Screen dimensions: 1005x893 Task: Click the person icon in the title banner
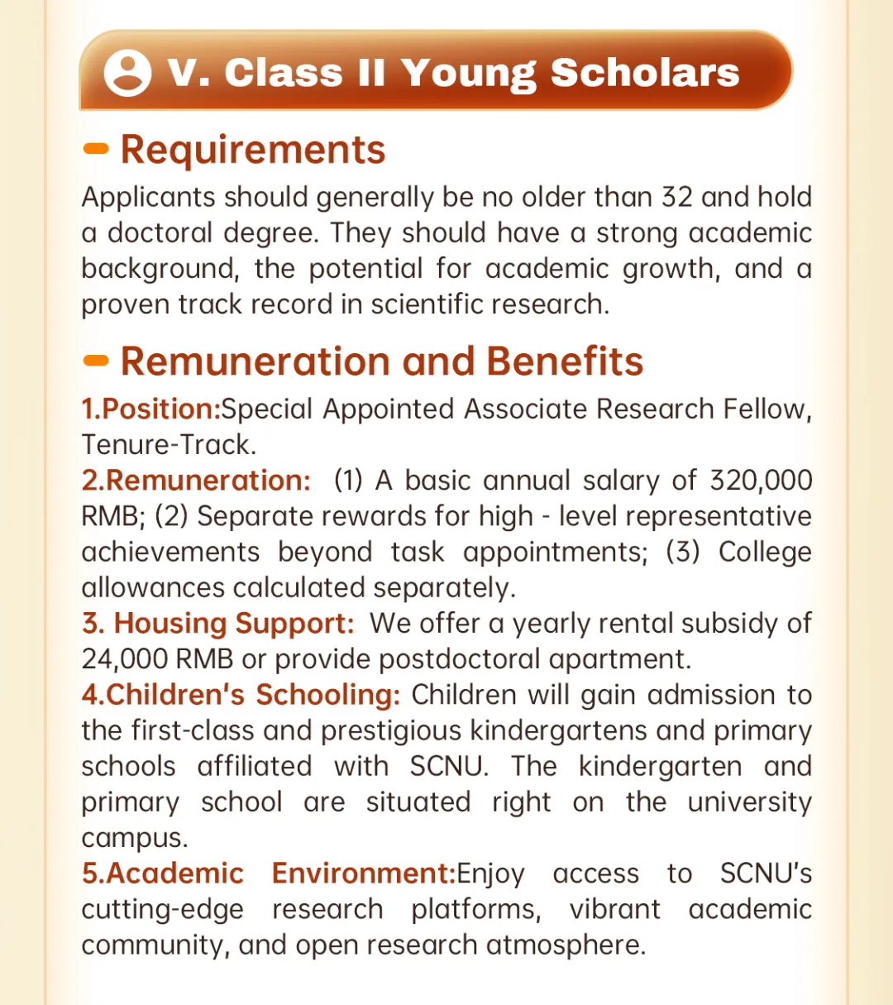pos(127,73)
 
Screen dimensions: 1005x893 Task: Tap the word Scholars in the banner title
pos(645,73)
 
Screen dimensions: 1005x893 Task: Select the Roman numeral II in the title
pos(371,73)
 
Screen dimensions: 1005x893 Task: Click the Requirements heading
pos(253,150)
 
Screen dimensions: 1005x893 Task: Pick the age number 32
pos(676,197)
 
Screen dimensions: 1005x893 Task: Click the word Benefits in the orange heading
pos(565,361)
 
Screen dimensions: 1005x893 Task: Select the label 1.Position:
pos(150,409)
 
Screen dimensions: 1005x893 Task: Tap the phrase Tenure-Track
pos(168,444)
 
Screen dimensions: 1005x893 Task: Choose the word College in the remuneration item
pos(765,552)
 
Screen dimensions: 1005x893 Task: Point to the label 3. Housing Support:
pos(217,623)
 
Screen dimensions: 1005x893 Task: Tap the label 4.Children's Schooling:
pos(241,695)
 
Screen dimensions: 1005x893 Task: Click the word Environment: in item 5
pos(364,873)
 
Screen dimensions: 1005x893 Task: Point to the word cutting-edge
pos(162,910)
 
